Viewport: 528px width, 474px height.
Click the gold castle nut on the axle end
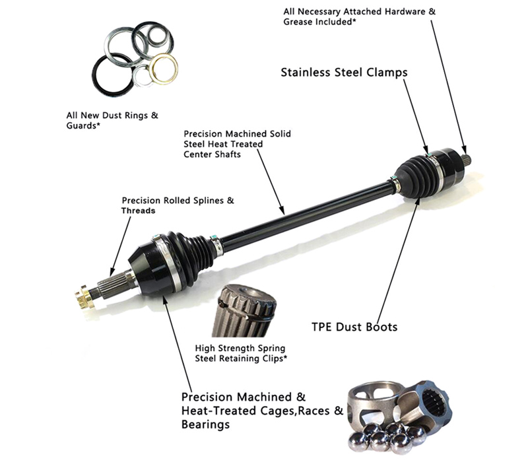pos(84,296)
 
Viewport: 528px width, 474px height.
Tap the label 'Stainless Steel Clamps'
pos(344,73)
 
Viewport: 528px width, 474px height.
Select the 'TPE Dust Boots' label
pos(354,327)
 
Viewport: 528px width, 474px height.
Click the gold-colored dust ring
pos(163,69)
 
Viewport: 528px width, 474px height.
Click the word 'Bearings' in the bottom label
pos(205,424)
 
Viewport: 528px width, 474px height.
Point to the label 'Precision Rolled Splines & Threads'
pos(178,205)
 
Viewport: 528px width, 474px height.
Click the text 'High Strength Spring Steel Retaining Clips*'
pos(241,353)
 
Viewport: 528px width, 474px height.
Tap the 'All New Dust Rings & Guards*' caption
pos(112,120)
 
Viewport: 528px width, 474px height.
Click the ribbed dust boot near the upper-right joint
pos(416,175)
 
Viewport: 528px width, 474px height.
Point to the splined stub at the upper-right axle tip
pos(467,159)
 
